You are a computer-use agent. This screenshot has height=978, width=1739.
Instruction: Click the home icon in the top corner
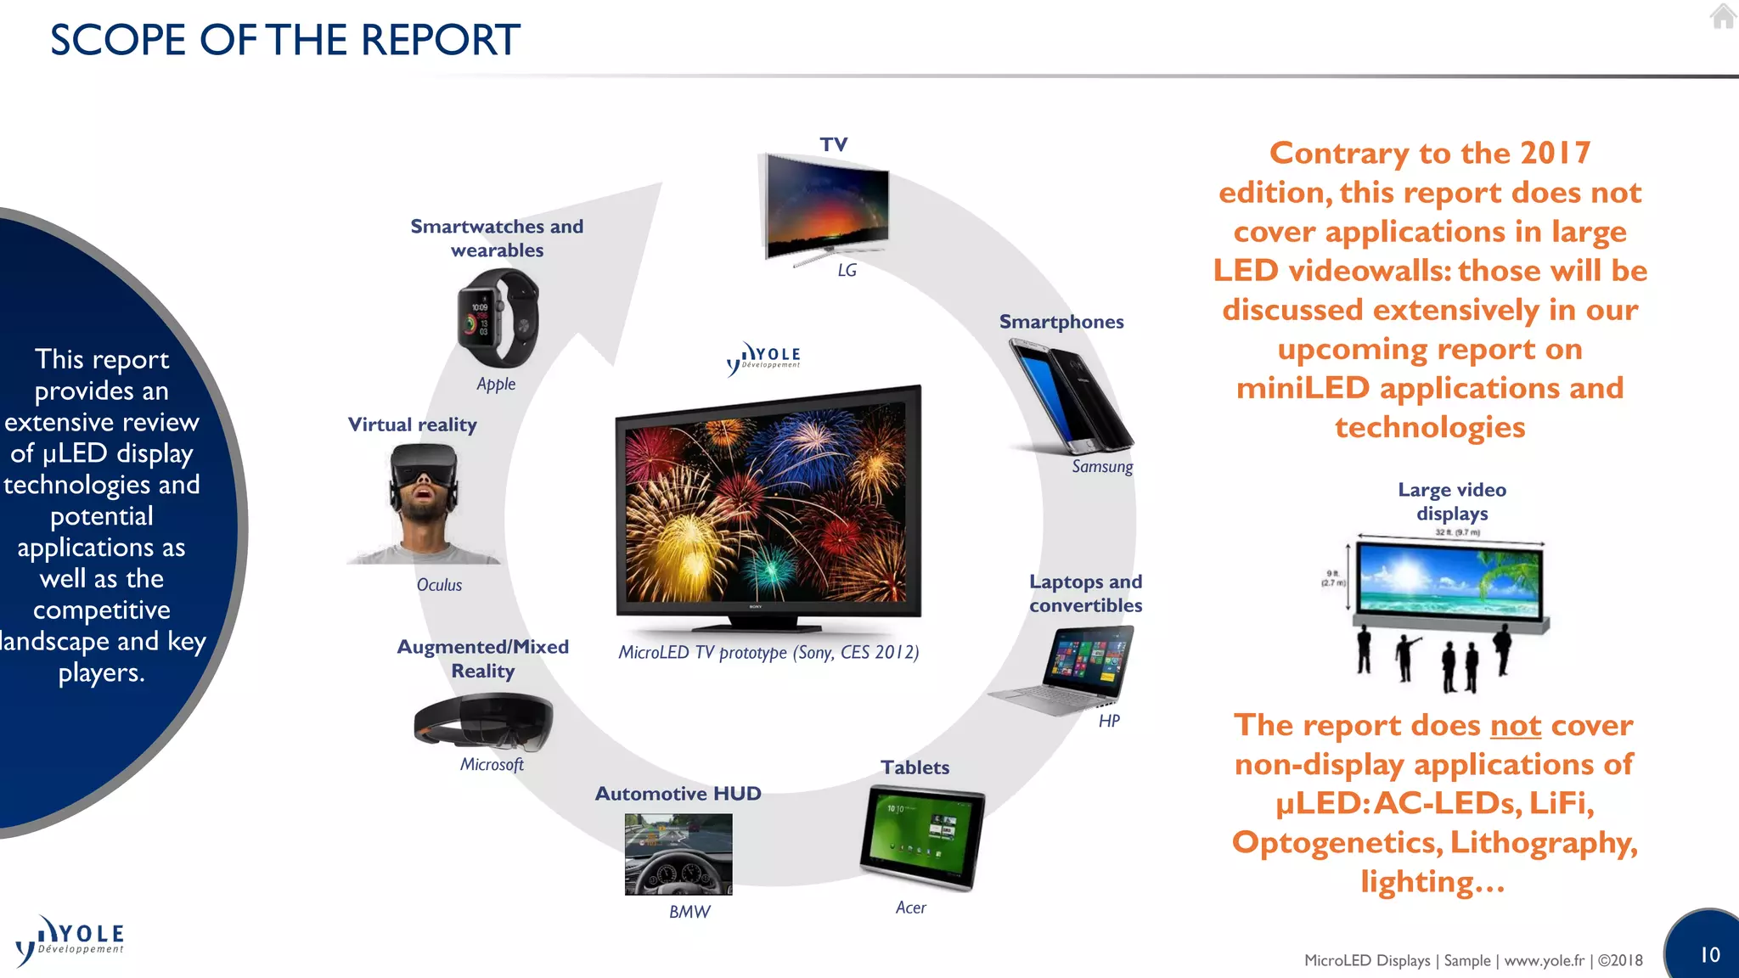(x=1723, y=16)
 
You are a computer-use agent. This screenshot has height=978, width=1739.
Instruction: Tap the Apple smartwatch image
(x=498, y=319)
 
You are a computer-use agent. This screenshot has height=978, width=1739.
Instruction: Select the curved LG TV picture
(x=827, y=207)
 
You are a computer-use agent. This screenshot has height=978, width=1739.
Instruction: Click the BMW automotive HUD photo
(x=678, y=854)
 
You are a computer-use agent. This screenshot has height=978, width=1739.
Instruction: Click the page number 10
(x=1709, y=955)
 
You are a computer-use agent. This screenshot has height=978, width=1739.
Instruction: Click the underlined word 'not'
(x=1515, y=726)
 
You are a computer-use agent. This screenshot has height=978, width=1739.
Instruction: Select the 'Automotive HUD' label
(x=678, y=794)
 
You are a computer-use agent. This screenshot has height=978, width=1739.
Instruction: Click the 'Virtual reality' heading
(x=412, y=424)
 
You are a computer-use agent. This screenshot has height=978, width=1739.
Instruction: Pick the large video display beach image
(x=1449, y=581)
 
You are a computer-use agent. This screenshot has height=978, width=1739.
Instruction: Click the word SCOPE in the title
(x=117, y=40)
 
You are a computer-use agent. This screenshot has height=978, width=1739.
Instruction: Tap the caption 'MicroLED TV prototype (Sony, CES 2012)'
(x=768, y=652)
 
